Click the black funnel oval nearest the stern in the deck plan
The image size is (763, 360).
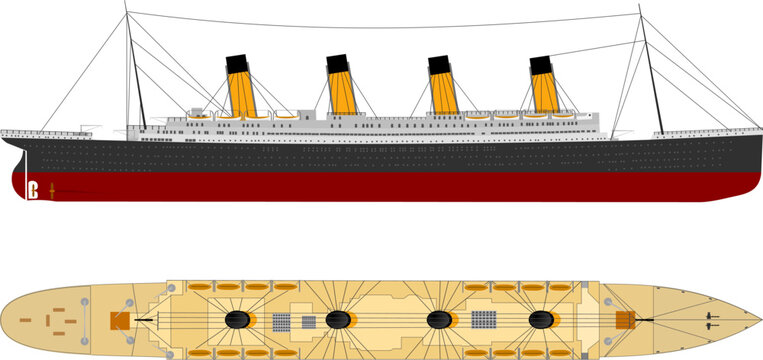[x=237, y=321]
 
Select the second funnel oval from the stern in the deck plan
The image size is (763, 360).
[x=339, y=321]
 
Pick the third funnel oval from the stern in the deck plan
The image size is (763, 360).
[x=439, y=321]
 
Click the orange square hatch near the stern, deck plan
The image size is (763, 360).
[x=119, y=321]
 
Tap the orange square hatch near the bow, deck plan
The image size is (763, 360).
[x=625, y=321]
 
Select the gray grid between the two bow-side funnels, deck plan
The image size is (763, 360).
[x=484, y=321]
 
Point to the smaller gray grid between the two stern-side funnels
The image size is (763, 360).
[x=308, y=322]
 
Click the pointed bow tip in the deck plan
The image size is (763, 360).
[x=760, y=321]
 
